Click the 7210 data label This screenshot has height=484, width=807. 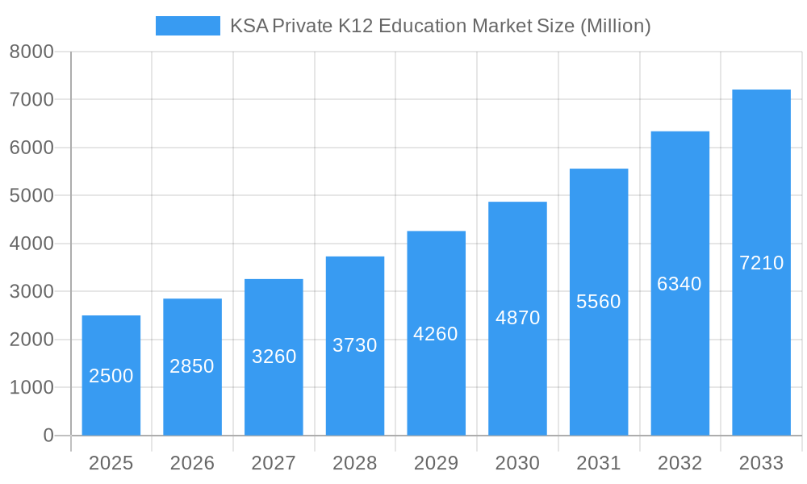(761, 263)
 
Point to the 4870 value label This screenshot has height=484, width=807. (517, 318)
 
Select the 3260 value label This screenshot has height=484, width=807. (274, 357)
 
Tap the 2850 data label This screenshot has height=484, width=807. (192, 366)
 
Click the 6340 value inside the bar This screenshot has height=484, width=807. (679, 284)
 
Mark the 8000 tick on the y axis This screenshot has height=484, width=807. (31, 52)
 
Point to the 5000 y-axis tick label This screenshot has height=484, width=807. (31, 196)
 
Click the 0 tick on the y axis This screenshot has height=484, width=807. (48, 436)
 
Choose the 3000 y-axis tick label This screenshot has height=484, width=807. (31, 292)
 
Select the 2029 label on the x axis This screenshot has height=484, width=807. (436, 463)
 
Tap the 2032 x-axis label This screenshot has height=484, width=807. (679, 463)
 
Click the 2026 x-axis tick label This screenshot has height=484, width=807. (192, 463)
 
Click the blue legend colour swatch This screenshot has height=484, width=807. (187, 26)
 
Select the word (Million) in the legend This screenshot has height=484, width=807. (615, 26)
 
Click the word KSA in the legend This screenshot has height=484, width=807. (249, 26)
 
